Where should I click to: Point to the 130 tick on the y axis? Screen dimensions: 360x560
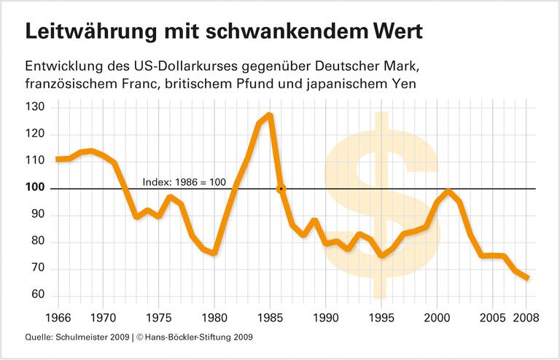click(35, 107)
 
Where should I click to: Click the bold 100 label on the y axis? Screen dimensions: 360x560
click(35, 188)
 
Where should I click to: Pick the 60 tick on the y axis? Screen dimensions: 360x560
click(38, 295)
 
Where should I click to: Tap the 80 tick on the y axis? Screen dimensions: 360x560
click(38, 242)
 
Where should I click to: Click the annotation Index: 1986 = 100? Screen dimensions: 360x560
click(184, 181)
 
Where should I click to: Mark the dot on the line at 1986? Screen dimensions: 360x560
click(281, 189)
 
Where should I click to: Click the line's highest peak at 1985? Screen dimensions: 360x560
click(270, 115)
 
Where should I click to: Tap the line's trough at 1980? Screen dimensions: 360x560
click(214, 253)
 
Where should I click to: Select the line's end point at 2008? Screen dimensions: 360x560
click(527, 278)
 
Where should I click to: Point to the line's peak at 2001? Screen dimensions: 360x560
click(449, 192)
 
